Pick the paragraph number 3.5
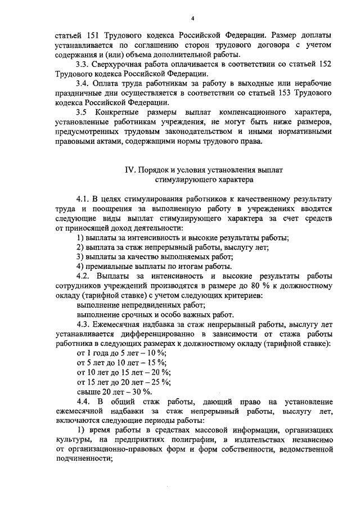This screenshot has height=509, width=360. click(x=82, y=112)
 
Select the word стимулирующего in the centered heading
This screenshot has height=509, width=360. click(x=182, y=180)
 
